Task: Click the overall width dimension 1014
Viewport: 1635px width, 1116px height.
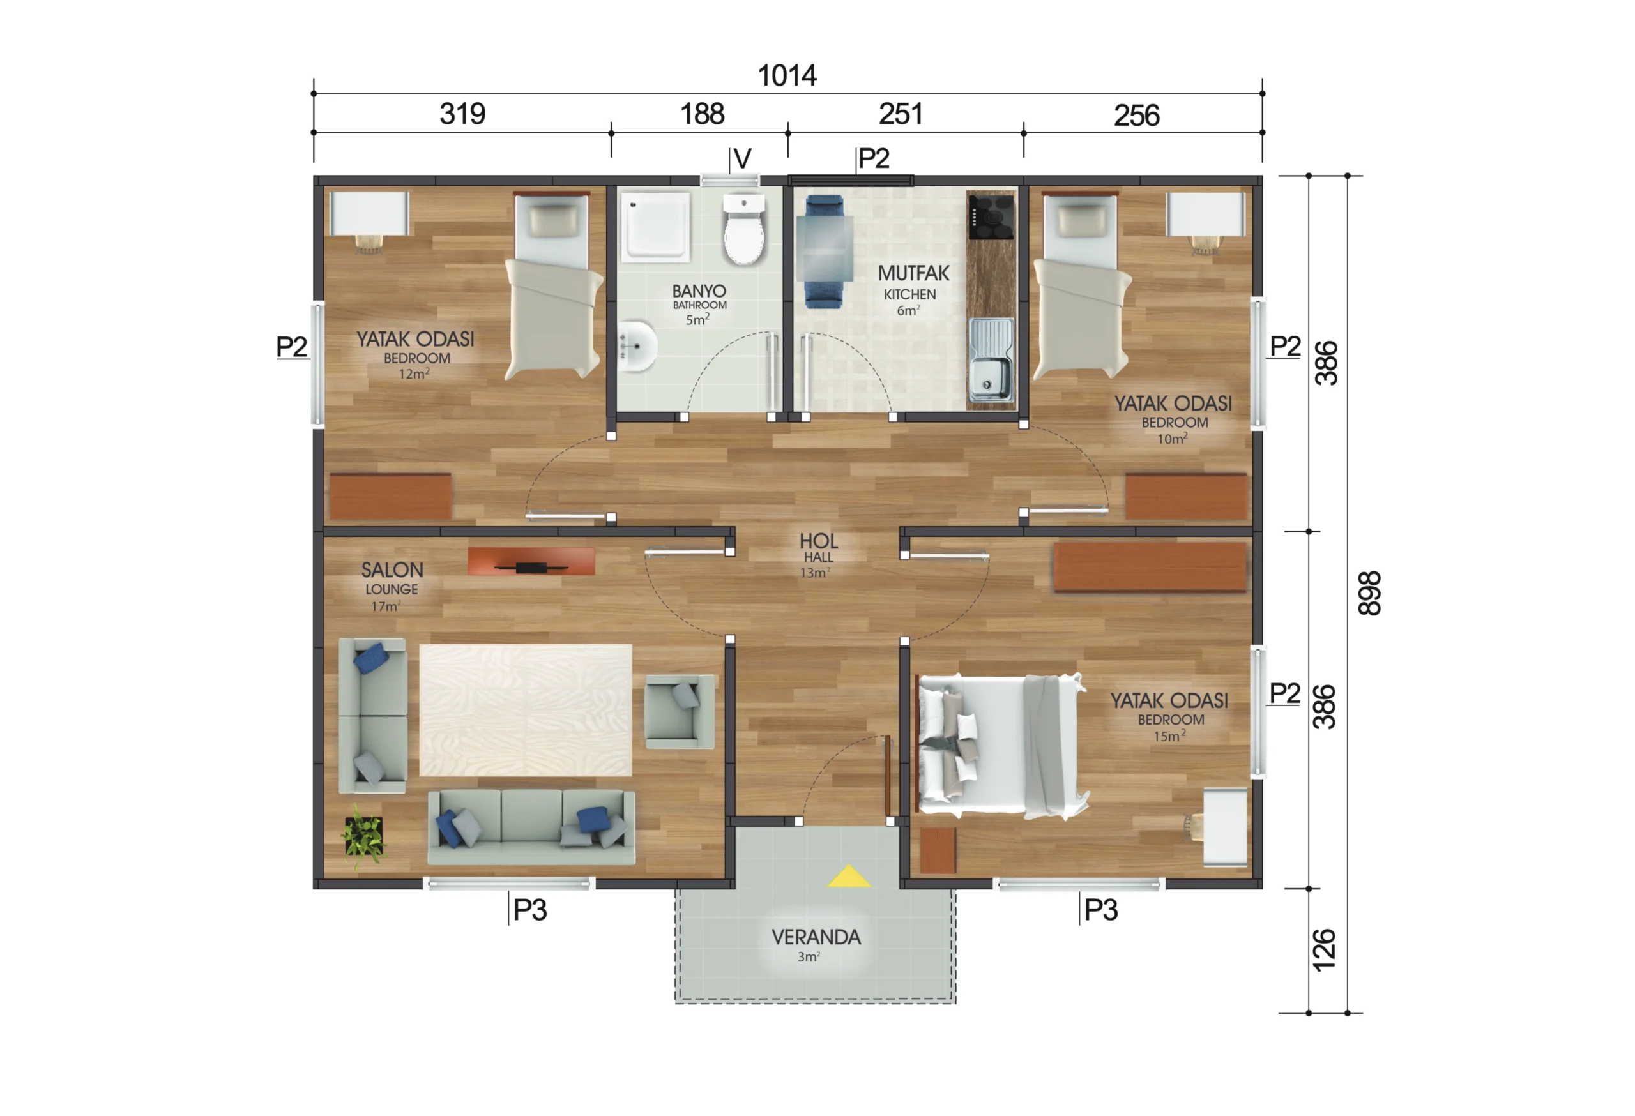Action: coord(787,75)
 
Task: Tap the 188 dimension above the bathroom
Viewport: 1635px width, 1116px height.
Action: coord(702,114)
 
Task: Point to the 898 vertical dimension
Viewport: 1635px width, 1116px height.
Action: coord(1369,594)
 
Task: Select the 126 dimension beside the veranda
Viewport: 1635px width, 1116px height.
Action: coord(1324,950)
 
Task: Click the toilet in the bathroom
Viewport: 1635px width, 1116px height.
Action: coord(743,229)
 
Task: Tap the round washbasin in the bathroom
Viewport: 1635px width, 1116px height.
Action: coord(637,346)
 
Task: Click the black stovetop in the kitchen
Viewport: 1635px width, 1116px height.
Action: coord(991,216)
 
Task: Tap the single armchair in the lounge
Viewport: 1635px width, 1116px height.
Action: coord(680,711)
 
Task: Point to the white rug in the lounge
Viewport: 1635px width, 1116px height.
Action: coord(525,710)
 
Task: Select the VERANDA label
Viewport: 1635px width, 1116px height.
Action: coord(816,937)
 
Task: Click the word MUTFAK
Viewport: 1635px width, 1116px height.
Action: coord(913,273)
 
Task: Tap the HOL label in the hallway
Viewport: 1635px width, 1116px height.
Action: coord(818,541)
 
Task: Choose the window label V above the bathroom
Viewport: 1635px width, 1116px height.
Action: coord(742,159)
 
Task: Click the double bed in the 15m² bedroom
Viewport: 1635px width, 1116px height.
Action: coord(1002,747)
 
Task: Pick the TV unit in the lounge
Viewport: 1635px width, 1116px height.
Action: coord(531,562)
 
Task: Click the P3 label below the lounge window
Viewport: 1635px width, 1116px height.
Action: coord(529,910)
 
